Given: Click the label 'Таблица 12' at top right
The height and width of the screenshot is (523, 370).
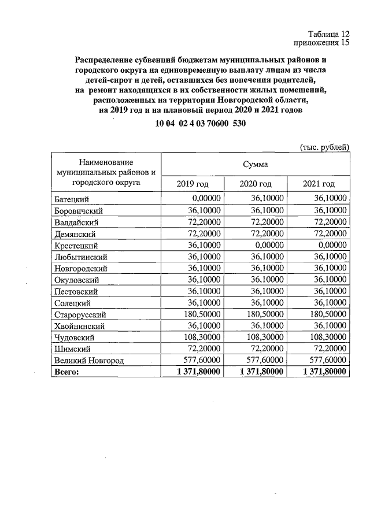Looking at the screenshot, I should (x=328, y=33).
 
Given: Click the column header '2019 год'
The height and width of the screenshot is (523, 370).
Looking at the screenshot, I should (x=192, y=184).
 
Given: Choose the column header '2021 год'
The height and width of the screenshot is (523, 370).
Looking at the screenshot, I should (x=319, y=184).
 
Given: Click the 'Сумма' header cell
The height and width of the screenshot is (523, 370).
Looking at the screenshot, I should (x=256, y=165).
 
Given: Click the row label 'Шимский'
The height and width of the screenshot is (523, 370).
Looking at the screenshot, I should (x=71, y=349).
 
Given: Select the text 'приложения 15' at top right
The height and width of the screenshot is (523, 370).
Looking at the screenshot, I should (x=322, y=42).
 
